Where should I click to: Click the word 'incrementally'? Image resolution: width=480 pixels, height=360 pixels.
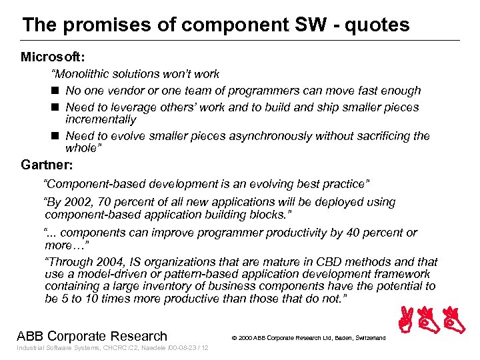101,120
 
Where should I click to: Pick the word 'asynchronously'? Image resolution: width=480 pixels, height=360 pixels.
270,136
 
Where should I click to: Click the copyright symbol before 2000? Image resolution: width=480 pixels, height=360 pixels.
234,338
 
